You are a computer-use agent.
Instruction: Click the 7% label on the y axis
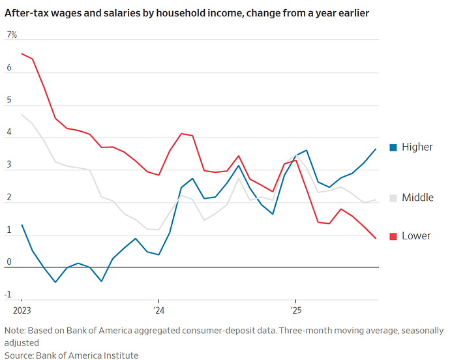[x=12, y=35]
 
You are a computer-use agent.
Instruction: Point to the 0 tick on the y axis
[x=9, y=262]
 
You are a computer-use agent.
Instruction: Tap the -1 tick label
[x=9, y=295]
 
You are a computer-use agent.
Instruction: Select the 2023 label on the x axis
[x=22, y=310]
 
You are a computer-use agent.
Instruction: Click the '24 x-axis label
[x=158, y=310]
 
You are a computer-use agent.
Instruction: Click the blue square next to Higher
[x=393, y=147]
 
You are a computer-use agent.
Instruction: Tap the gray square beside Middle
[x=393, y=198]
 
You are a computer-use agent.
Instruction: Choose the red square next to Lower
[x=393, y=236]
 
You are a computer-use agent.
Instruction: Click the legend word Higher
[x=417, y=147]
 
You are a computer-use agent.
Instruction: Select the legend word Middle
[x=417, y=197]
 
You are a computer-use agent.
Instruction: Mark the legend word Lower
[x=416, y=235]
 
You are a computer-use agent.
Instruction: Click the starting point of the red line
[x=22, y=53]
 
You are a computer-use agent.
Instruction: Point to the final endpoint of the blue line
[x=376, y=149]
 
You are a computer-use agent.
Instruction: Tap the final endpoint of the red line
[x=376, y=239]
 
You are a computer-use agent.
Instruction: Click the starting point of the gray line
[x=22, y=115]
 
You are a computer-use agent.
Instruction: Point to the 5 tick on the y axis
[x=9, y=100]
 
